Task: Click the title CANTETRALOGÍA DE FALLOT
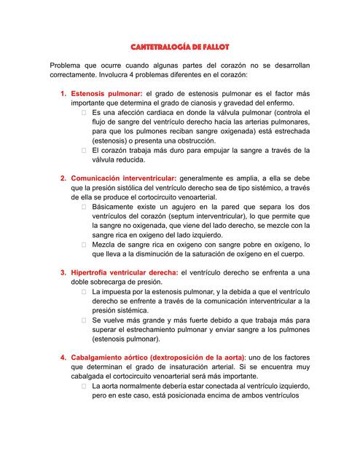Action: (x=179, y=47)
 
